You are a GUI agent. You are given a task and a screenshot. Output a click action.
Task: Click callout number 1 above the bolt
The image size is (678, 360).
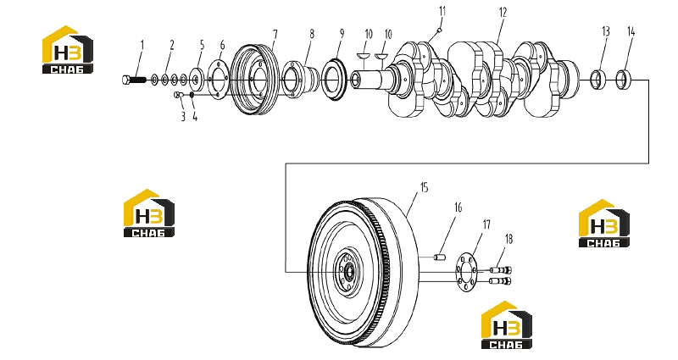point(142,45)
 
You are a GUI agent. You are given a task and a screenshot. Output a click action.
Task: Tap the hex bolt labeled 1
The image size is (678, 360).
point(134,80)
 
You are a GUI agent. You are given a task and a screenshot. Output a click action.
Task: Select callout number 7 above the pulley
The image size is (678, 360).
point(275,34)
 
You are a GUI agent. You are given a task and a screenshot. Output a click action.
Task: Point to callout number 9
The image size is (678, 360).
point(342,33)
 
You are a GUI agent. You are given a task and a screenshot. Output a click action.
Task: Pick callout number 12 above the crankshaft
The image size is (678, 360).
point(503,12)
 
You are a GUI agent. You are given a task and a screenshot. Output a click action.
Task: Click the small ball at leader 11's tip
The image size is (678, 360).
point(439,30)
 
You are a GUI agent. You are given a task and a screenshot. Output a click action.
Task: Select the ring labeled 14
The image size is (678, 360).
point(624,78)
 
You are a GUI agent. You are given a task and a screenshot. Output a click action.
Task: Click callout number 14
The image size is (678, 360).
point(631,31)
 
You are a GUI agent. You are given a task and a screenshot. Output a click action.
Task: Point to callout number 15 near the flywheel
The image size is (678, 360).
point(424,187)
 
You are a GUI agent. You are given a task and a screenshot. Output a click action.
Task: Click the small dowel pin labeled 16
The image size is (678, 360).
point(440,258)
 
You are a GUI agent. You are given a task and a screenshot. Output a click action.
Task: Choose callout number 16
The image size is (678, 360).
point(458,208)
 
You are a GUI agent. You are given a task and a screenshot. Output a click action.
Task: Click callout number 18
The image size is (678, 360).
point(508,239)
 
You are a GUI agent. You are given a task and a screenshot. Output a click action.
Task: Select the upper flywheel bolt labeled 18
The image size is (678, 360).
point(501,270)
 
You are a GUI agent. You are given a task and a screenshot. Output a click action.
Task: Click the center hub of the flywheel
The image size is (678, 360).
point(347,272)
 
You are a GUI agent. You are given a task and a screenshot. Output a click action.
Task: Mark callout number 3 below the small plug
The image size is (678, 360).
point(183,117)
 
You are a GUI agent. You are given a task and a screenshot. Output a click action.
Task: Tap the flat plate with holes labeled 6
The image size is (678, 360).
point(218,80)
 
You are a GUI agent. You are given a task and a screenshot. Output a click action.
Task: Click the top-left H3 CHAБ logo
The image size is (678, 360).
point(68,49)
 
